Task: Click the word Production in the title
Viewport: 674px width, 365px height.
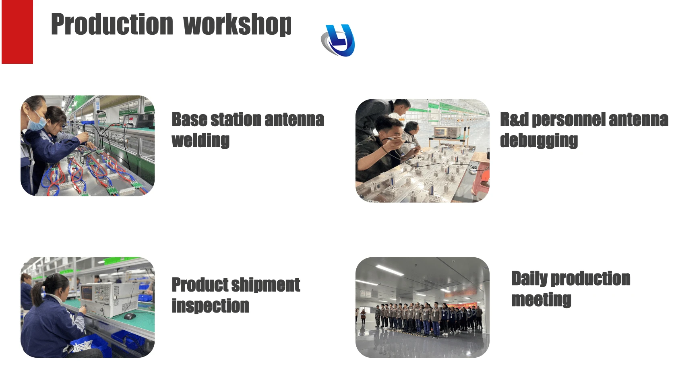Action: click(112, 24)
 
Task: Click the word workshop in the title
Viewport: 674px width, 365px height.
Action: click(238, 25)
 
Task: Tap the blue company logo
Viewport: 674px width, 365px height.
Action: click(338, 40)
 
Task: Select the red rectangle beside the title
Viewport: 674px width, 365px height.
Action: click(17, 31)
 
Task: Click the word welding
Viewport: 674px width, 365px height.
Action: click(201, 141)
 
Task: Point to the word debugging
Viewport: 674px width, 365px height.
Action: click(539, 141)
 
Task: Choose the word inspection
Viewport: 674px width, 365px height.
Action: click(210, 306)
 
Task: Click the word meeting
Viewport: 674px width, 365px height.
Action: click(541, 299)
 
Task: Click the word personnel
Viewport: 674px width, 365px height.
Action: click(569, 119)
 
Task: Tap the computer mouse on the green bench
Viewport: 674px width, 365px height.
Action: click(130, 316)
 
